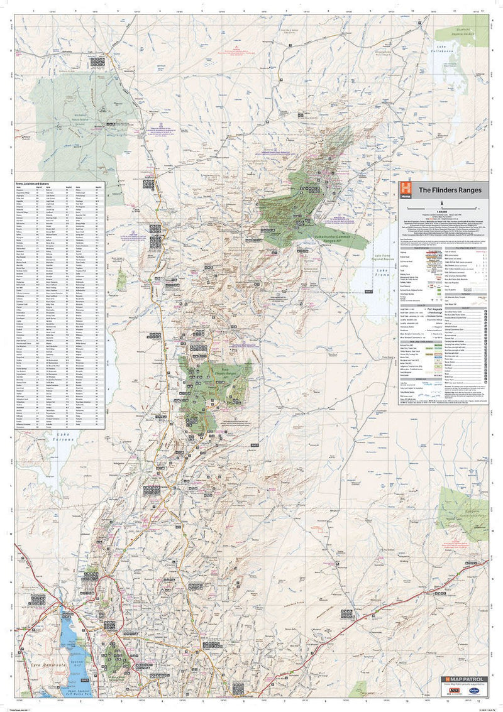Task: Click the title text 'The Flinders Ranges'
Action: [451, 190]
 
